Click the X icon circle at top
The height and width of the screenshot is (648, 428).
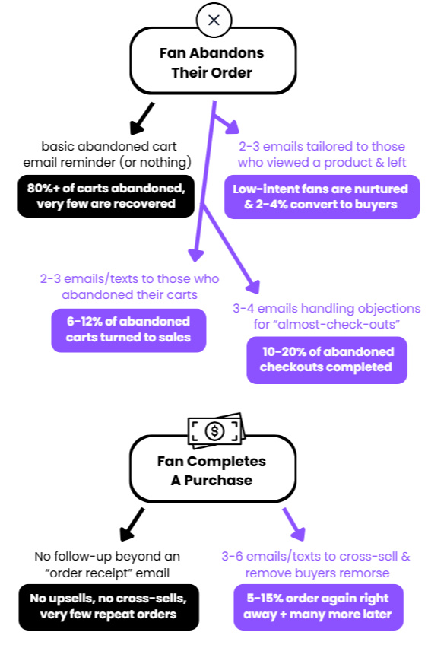click(214, 20)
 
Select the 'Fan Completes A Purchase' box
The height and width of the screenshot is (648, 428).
click(213, 470)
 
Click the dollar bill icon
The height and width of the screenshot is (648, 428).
click(216, 430)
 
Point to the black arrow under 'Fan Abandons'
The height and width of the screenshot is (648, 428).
click(141, 119)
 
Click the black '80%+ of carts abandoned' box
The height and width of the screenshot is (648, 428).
click(106, 196)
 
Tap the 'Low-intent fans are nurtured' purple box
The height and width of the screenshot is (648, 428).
click(322, 197)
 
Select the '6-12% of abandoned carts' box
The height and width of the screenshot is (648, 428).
click(128, 330)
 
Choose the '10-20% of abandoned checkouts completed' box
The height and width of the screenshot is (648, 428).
click(327, 360)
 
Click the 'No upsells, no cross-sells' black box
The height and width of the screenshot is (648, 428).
click(109, 607)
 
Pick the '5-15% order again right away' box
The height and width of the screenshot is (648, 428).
click(318, 607)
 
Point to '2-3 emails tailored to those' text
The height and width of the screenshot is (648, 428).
click(322, 146)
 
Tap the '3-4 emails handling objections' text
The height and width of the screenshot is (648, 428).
click(326, 308)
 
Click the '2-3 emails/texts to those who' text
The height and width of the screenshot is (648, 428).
click(129, 278)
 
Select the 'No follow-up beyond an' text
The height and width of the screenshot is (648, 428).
click(107, 556)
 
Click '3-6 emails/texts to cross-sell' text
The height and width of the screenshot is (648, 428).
click(315, 556)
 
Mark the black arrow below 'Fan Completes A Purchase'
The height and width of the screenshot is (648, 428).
click(132, 525)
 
